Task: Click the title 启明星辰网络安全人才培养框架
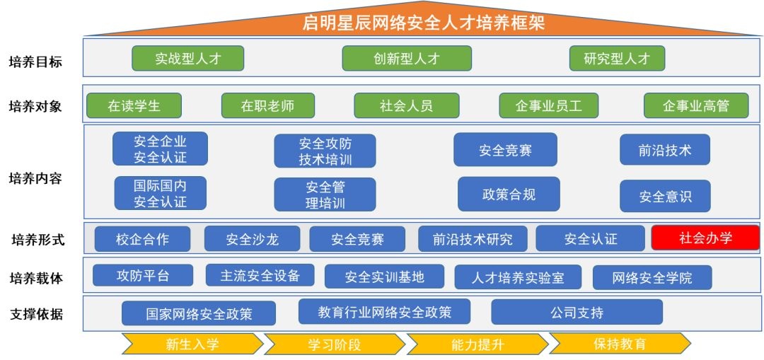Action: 423,23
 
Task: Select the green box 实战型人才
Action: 187,59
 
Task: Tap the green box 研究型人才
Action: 617,59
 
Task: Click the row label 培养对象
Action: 35,106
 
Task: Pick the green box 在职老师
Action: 267,106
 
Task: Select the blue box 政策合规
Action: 509,194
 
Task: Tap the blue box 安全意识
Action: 665,196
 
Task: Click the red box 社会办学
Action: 705,238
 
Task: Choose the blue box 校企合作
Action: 142,239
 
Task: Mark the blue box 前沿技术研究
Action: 473,239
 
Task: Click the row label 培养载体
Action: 35,278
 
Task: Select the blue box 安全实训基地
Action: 384,277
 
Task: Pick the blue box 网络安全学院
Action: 652,277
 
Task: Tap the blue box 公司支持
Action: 577,312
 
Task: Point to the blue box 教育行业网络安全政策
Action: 384,311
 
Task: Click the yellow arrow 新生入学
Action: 192,344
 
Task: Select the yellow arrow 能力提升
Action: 477,344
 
